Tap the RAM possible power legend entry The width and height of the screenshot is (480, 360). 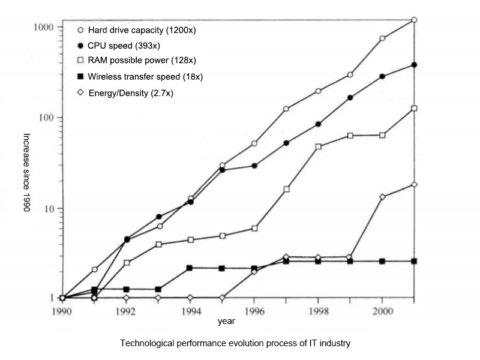142,61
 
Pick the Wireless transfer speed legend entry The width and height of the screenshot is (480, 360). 145,77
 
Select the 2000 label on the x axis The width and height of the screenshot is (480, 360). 382,311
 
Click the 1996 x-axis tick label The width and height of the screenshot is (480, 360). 254,311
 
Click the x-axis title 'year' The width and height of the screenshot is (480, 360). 226,322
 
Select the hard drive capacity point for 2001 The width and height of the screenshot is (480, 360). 415,20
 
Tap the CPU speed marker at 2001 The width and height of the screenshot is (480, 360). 415,65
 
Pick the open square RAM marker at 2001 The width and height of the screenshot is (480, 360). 415,109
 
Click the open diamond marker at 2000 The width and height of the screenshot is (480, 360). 382,197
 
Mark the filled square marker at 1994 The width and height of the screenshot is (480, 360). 190,268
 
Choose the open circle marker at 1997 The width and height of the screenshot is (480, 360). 286,109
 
